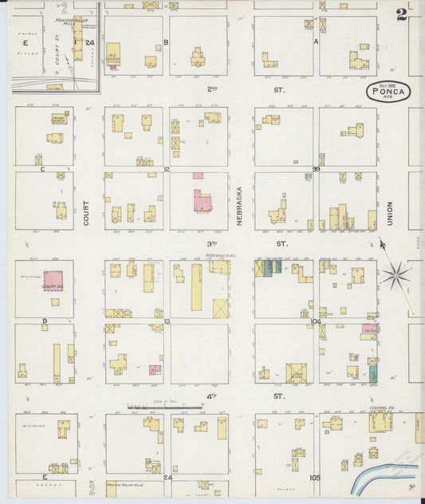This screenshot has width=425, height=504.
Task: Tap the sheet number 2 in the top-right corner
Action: coord(402,14)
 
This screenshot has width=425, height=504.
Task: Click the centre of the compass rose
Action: coord(394,276)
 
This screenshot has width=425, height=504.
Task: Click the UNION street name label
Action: coord(390,212)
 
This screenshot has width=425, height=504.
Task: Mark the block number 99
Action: coord(316,169)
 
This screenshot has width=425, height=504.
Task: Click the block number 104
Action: coord(316,321)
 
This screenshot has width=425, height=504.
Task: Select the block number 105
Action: coord(316,478)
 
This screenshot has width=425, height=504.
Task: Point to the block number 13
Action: coord(167,321)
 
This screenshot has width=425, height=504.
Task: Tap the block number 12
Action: coord(167,169)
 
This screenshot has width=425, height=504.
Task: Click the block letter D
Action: coord(45,321)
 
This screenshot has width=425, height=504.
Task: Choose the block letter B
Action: coord(166,41)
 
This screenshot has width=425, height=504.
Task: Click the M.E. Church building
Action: coord(114,54)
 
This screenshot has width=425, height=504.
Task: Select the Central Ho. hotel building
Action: coord(380,420)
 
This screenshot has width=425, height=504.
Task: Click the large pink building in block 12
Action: coord(202,199)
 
